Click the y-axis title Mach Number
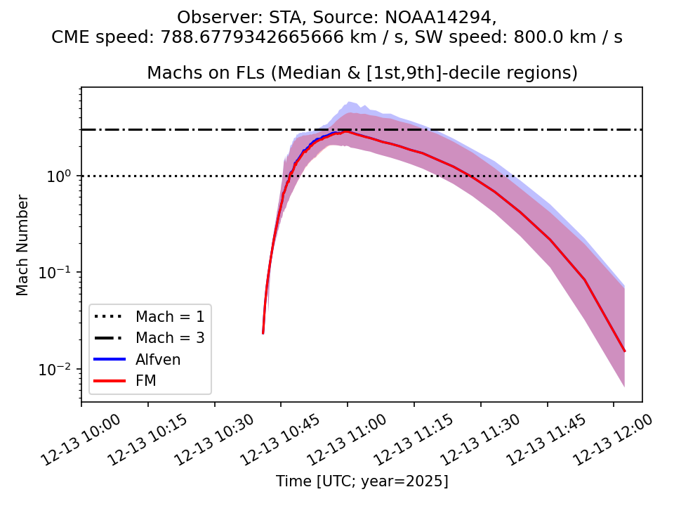[23, 245]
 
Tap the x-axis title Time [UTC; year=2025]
[362, 481]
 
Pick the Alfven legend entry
[158, 359]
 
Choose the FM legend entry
[145, 381]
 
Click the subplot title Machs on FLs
[362, 73]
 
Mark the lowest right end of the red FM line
[624, 351]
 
